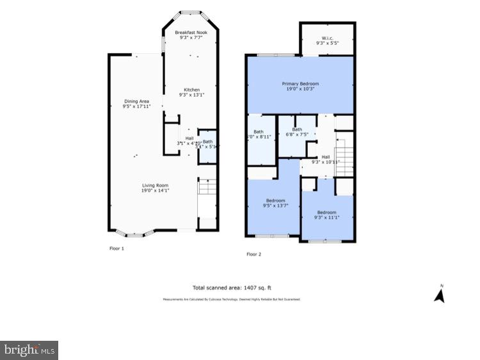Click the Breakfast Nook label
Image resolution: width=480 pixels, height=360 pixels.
[x=190, y=33]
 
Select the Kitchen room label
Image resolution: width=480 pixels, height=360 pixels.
[x=191, y=90]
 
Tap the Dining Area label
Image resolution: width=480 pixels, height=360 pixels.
[x=136, y=101]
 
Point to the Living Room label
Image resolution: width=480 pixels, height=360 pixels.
[x=156, y=186]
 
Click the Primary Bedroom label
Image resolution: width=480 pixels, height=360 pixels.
[x=300, y=84]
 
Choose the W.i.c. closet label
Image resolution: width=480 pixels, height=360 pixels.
[x=327, y=39]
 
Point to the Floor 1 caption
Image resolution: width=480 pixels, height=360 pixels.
[x=116, y=248]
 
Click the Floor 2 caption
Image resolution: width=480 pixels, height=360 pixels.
[x=254, y=254]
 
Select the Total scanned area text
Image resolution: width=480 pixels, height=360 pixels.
[x=236, y=288]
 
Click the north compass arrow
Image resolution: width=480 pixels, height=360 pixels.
[x=439, y=294]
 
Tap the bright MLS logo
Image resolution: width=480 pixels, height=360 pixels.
[x=29, y=350]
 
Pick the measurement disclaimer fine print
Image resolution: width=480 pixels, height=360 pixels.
[x=231, y=299]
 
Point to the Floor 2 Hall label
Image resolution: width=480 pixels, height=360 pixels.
[x=326, y=157]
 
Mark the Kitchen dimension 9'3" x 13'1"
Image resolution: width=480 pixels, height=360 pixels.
[x=191, y=95]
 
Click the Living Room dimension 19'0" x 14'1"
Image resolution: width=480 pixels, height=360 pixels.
[x=156, y=191]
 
